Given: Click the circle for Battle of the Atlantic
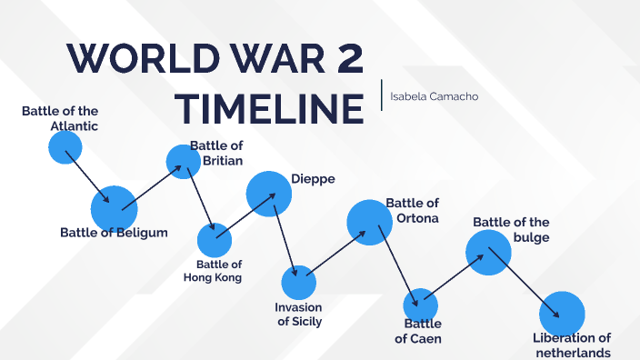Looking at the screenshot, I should (65, 147).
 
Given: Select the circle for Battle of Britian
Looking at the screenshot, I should (184, 161).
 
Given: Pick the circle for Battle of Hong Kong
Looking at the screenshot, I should (215, 241).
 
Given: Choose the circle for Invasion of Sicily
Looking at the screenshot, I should (298, 283).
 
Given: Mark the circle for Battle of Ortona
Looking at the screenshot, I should (369, 222).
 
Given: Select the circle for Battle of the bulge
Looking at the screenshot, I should (489, 251).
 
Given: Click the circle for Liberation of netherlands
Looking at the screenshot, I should (562, 314).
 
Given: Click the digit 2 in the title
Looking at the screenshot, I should (346, 59).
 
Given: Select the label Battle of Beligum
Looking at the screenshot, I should (114, 233).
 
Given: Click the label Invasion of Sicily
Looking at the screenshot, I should (298, 314).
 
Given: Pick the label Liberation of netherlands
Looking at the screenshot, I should (572, 345).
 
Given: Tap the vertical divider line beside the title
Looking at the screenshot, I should (382, 95).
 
